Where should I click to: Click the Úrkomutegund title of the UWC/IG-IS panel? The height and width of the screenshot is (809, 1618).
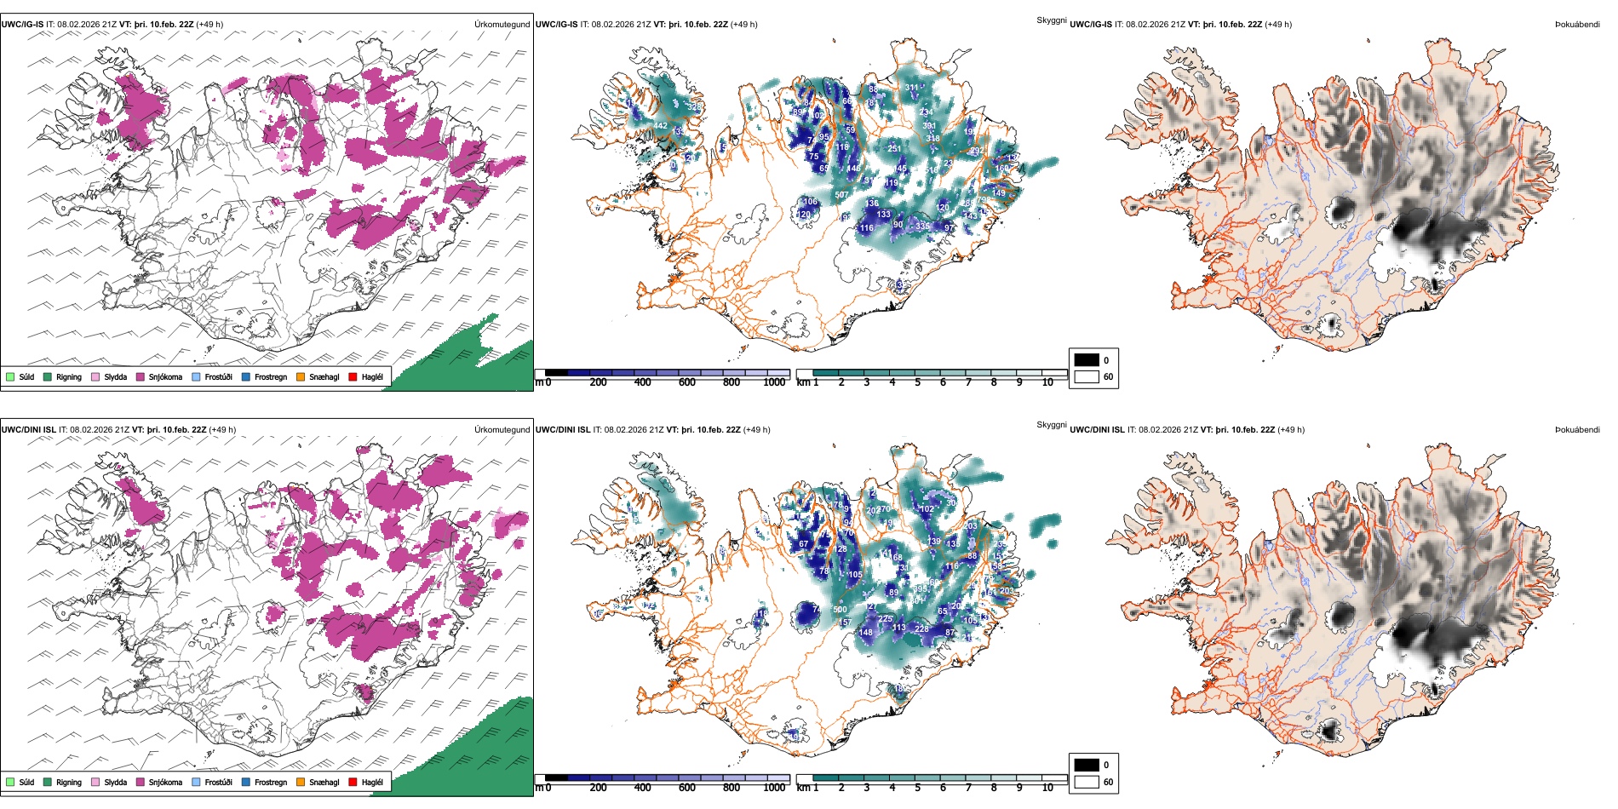[x=502, y=25]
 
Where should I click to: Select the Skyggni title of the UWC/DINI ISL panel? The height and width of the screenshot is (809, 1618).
[x=1051, y=424]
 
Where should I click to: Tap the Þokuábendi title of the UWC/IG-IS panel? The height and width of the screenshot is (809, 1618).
[x=1577, y=25]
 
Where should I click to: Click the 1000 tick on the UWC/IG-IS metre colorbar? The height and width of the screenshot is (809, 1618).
[x=774, y=382]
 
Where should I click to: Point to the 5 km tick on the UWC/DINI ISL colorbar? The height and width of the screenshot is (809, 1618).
[x=917, y=788]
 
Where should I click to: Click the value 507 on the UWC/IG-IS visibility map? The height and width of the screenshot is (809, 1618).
[x=841, y=195]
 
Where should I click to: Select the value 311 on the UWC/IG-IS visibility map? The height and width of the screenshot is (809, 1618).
[x=912, y=88]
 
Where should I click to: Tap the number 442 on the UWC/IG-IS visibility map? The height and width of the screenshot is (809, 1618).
[x=661, y=126]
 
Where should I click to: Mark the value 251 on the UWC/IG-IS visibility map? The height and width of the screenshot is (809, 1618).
[x=894, y=149]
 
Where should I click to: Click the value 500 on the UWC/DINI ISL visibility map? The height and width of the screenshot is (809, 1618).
[x=840, y=610]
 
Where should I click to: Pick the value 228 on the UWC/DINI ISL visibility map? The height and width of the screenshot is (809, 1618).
[x=921, y=629]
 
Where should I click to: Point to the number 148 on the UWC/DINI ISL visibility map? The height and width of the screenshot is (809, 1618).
[x=866, y=633]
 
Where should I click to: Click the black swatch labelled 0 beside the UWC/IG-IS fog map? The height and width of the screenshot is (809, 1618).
[x=1087, y=360]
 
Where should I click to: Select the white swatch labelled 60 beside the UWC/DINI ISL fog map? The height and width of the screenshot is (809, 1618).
[x=1087, y=782]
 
